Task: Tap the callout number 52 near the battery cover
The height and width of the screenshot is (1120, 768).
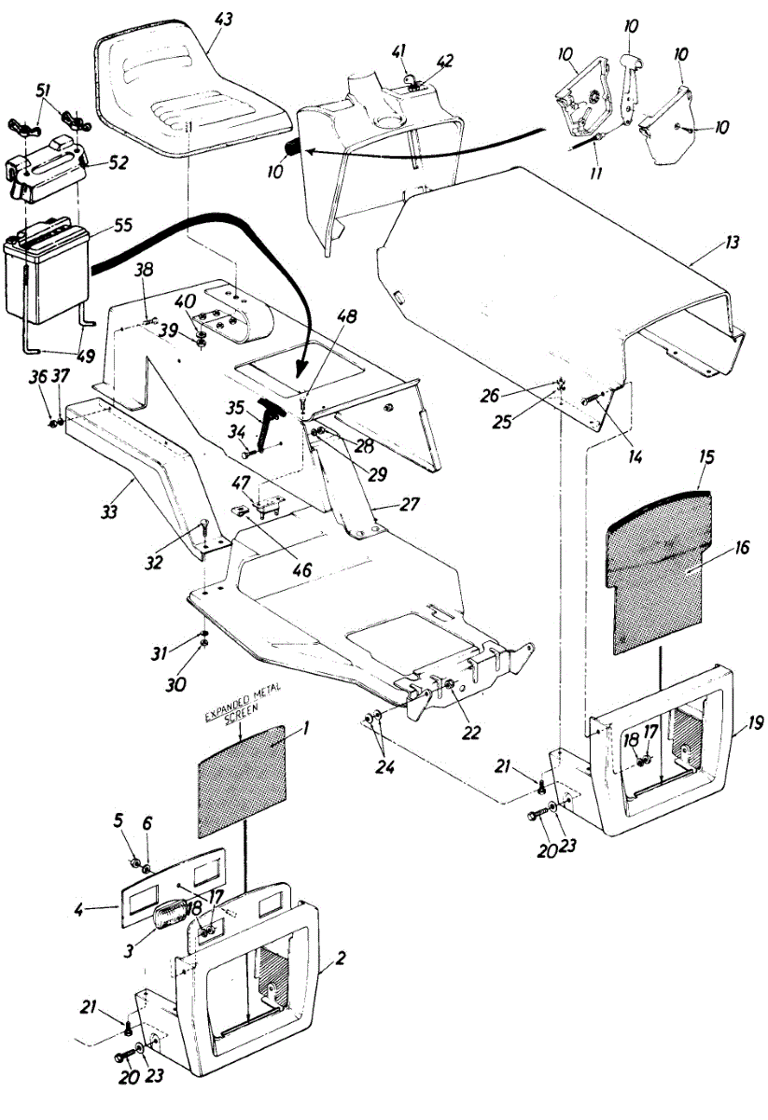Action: tap(119, 161)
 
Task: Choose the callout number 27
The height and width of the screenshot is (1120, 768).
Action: tap(409, 505)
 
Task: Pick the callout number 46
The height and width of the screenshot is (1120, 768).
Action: tap(305, 567)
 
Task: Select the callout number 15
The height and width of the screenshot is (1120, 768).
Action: tap(705, 460)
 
